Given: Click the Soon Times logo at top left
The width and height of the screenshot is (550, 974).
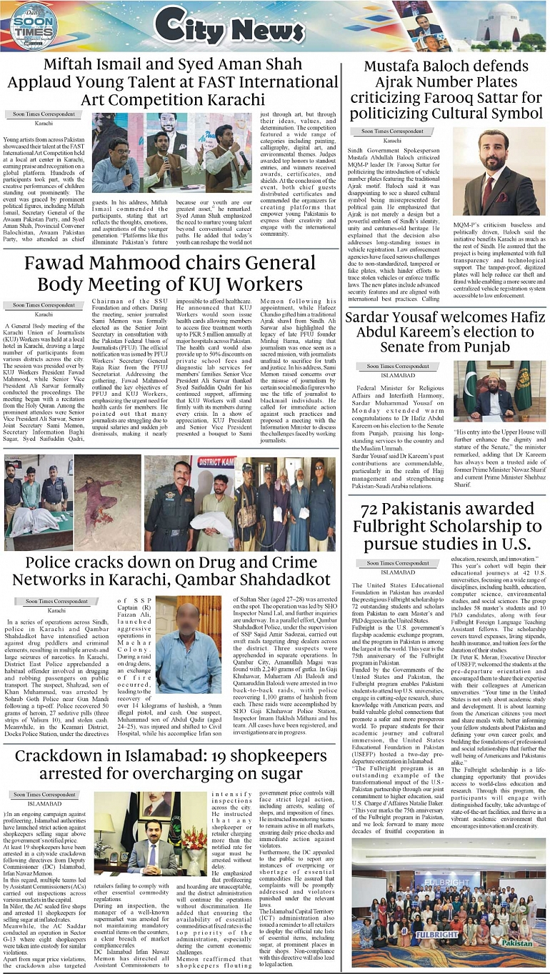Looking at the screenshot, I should click(34, 26).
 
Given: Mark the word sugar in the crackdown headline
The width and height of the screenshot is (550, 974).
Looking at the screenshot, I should click(278, 774).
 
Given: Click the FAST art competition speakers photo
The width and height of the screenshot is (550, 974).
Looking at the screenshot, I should click(174, 152).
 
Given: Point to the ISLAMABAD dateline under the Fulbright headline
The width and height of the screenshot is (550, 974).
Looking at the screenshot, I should click(398, 572).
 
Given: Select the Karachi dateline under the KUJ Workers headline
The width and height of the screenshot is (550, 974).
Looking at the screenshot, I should click(44, 314).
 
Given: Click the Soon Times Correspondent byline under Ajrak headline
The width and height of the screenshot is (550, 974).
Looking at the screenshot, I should click(392, 131).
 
